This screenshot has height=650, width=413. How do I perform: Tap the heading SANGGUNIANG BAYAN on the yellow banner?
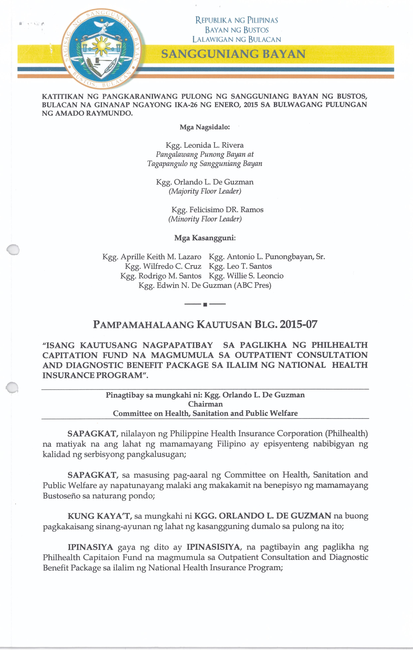click(x=233, y=54)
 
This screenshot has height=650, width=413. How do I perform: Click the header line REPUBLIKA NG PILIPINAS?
click(x=236, y=20)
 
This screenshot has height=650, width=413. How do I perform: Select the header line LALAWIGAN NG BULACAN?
click(x=236, y=39)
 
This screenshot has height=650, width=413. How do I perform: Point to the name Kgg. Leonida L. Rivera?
click(x=205, y=145)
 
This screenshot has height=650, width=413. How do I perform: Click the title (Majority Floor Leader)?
click(x=205, y=191)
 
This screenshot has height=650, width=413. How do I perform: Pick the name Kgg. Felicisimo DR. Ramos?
click(x=217, y=210)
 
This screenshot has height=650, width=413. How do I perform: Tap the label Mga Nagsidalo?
click(x=205, y=127)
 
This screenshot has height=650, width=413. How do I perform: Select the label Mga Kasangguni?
click(x=205, y=238)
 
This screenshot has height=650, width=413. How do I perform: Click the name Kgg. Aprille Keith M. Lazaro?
click(x=152, y=257)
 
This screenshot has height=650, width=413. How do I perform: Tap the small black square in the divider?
click(x=205, y=305)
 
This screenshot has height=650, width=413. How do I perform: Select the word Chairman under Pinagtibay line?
click(x=206, y=404)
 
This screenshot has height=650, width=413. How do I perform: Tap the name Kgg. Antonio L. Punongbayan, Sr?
click(x=267, y=257)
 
